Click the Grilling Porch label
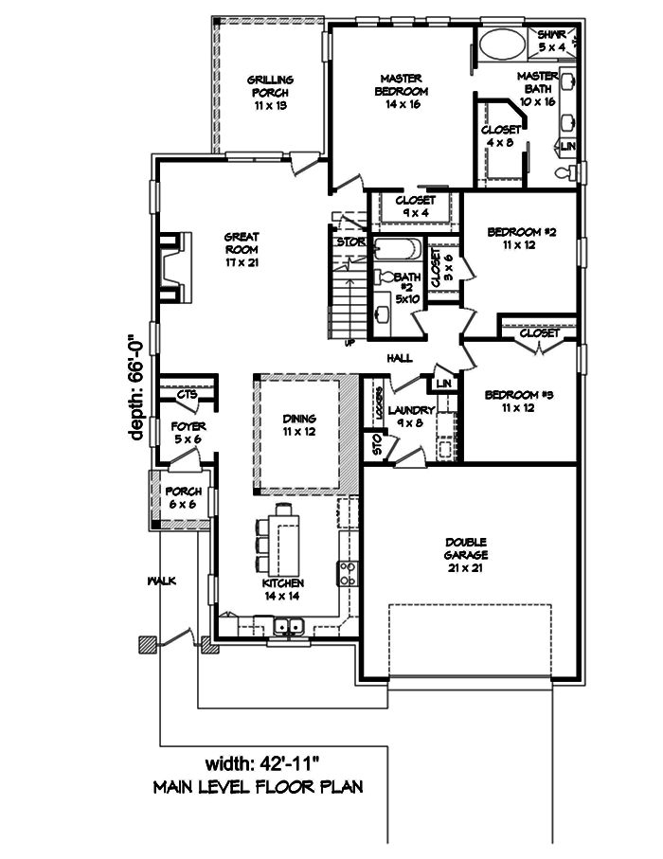270,93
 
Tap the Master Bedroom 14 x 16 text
405,91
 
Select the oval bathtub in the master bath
499,45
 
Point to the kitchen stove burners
347,572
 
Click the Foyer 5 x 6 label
188,433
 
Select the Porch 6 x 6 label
181,498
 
